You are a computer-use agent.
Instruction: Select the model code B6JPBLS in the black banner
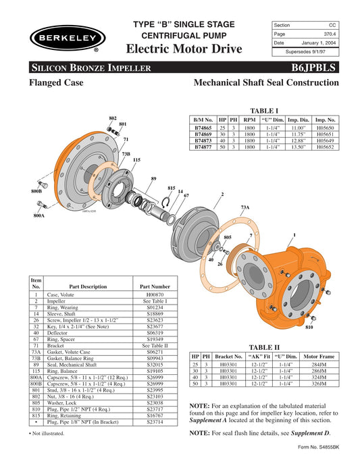322,68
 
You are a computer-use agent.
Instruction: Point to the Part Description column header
88,286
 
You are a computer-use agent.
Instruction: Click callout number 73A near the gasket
245,207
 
